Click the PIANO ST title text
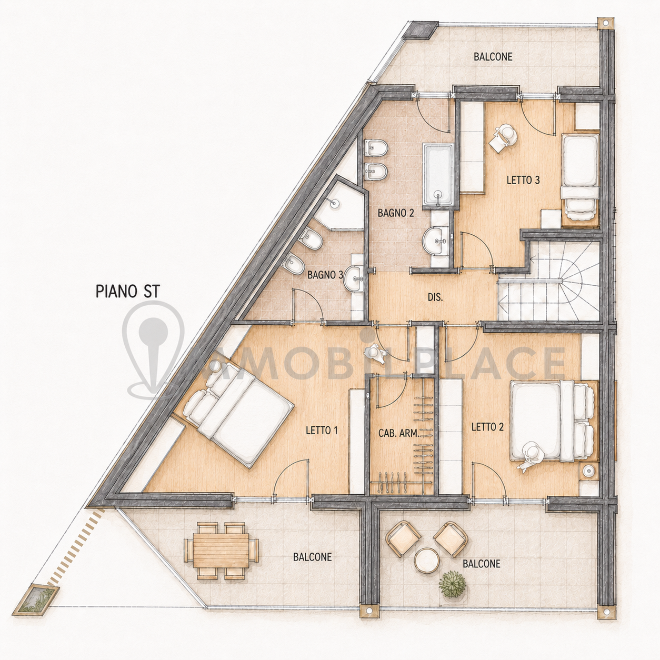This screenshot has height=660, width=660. click(x=127, y=292)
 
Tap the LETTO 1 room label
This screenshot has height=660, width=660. click(x=322, y=431)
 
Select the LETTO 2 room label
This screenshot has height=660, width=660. click(x=487, y=427)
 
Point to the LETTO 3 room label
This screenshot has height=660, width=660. click(x=523, y=180)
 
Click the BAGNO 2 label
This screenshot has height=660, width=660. click(x=396, y=213)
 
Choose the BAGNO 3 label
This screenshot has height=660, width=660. click(x=325, y=275)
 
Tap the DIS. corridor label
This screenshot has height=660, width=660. click(x=435, y=297)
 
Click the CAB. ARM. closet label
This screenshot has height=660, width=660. click(x=398, y=434)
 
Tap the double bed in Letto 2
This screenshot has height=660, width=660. click(x=552, y=421)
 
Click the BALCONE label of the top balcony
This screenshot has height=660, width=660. click(x=493, y=57)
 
